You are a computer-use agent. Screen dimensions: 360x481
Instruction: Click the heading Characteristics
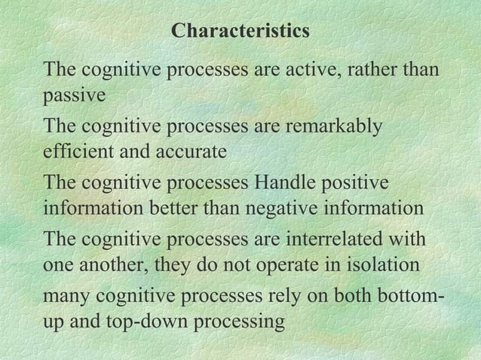click(x=240, y=32)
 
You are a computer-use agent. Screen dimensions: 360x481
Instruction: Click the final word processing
click(x=247, y=322)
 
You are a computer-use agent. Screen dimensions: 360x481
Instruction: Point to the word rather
click(x=373, y=69)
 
